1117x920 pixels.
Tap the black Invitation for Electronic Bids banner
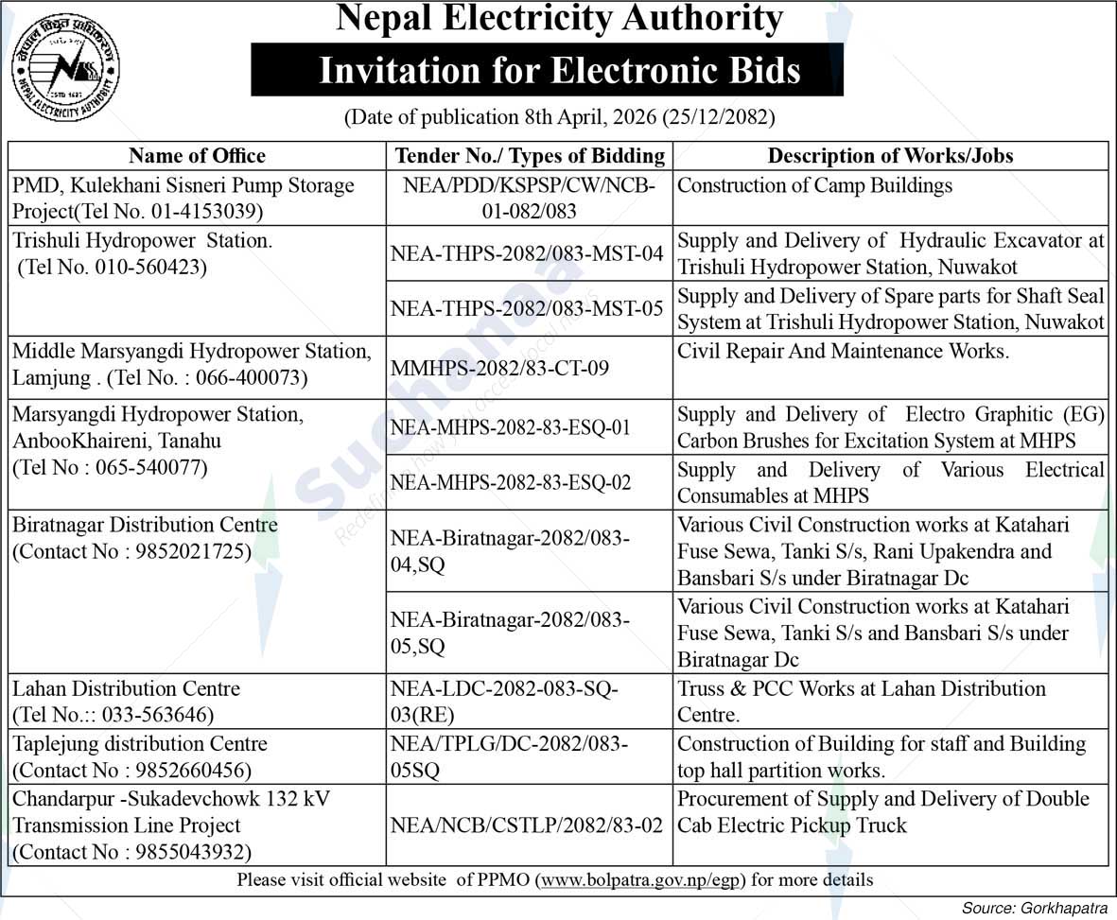tap(547, 71)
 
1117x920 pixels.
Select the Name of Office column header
tap(197, 156)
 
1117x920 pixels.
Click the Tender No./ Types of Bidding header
tap(530, 156)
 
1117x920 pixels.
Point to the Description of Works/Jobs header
tap(890, 156)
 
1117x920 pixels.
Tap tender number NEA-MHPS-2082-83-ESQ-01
tap(511, 427)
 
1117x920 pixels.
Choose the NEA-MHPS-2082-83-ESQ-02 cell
tap(511, 482)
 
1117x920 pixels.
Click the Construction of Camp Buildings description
tap(814, 185)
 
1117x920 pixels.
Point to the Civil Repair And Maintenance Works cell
tap(844, 352)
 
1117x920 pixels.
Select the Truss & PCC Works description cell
tap(861, 701)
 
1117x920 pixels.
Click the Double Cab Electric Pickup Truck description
tap(883, 811)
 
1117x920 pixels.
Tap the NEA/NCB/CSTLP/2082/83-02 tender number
tap(527, 825)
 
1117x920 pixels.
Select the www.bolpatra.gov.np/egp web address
tap(640, 880)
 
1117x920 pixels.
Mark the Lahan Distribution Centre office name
tap(127, 688)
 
